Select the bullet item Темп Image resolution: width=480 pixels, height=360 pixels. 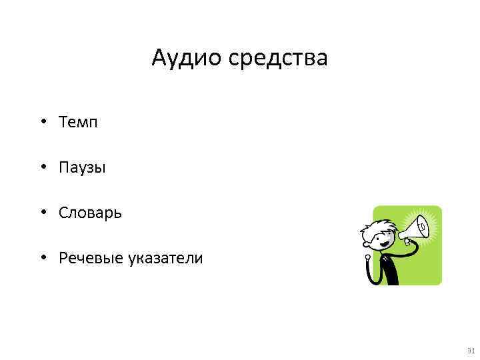(78, 122)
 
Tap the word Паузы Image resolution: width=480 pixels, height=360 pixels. (82, 167)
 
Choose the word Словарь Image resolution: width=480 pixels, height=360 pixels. (90, 213)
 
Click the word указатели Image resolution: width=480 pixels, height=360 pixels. (163, 258)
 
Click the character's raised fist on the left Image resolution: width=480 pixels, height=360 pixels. (366, 257)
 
